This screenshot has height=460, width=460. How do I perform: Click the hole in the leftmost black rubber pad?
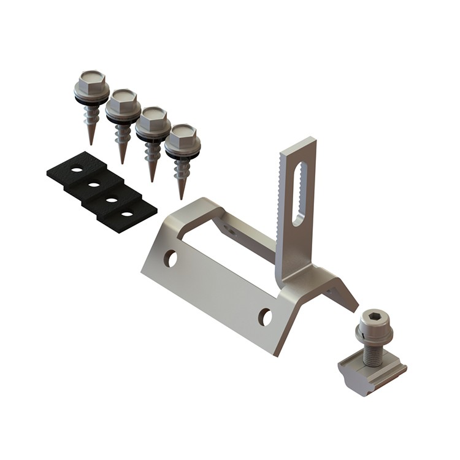click(x=76, y=169)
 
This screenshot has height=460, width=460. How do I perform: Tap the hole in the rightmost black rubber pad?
click(x=127, y=213)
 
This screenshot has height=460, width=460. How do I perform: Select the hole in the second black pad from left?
click(x=94, y=183)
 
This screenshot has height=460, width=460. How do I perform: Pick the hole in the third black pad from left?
click(x=111, y=199)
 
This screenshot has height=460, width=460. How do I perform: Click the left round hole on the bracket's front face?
click(x=171, y=259)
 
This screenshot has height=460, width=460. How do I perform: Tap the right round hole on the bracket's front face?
click(x=265, y=316)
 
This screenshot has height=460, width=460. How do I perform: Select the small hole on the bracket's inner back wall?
click(x=229, y=230)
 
